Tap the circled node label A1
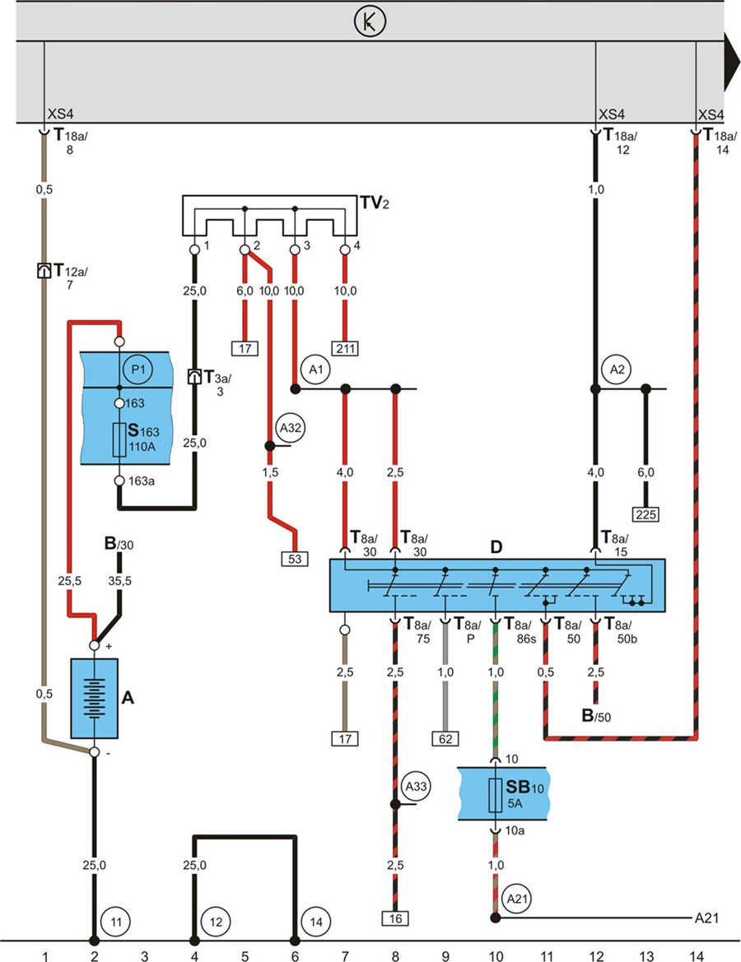(317, 370)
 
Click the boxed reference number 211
(346, 348)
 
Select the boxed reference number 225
(645, 515)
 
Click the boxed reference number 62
(445, 738)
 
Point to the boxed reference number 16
(395, 918)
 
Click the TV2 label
(374, 202)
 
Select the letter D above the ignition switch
(496, 547)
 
